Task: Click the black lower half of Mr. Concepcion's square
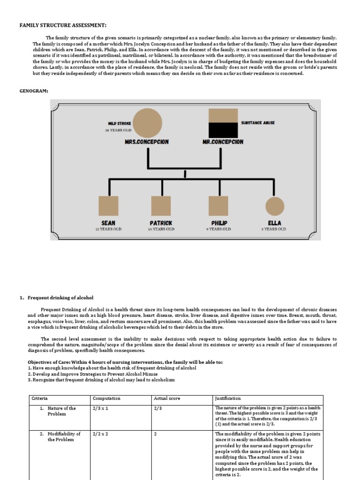click(223, 130)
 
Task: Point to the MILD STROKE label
click(120, 124)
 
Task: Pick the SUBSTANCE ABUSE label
click(258, 123)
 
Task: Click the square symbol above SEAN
click(108, 206)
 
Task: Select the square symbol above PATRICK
click(161, 206)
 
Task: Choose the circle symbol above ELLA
click(275, 206)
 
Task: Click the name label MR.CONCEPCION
click(223, 142)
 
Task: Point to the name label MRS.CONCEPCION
click(147, 142)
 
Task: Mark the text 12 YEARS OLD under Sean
click(108, 229)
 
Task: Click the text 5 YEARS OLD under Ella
click(275, 229)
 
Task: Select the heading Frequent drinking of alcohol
click(60, 298)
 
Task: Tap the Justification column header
click(228, 398)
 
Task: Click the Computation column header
click(106, 398)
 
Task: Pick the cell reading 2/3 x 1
click(101, 408)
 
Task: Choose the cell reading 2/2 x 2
click(101, 434)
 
